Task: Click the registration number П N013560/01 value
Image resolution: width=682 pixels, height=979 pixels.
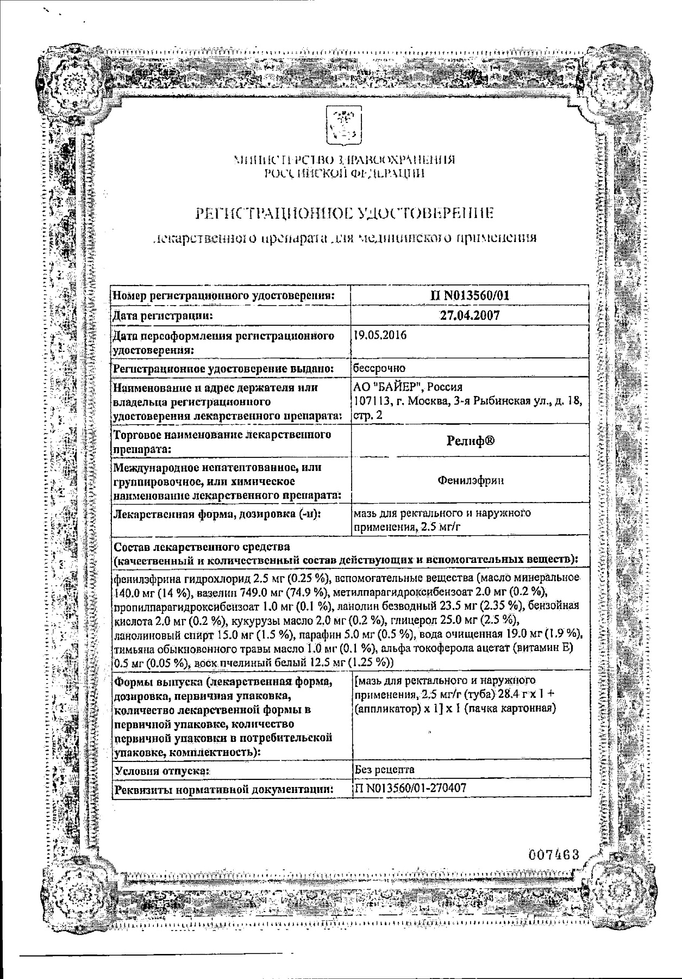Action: coord(468,295)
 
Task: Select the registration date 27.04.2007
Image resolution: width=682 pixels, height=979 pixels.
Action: coord(469,315)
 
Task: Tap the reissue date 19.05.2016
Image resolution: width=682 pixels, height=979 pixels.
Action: coord(379,336)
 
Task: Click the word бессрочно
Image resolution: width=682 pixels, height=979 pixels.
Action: coord(379,368)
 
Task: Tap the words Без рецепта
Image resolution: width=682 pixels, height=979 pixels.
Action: coord(384,769)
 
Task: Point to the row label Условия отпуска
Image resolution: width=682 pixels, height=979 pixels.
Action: coord(161,771)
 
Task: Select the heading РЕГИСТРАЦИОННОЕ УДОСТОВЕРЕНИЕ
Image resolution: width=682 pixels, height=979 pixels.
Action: coord(345,213)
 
